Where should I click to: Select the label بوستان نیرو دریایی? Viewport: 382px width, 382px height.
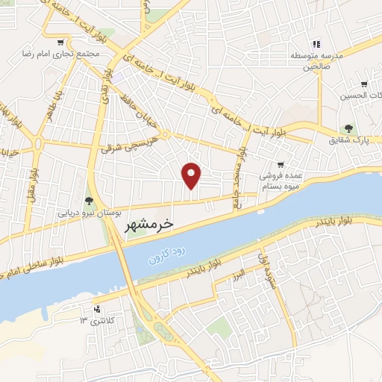click(x=90, y=213)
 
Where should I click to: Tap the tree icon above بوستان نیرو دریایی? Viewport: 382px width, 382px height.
click(x=90, y=200)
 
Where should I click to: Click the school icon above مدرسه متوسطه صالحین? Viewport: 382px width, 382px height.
click(x=316, y=45)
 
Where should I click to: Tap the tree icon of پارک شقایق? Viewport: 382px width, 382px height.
click(x=347, y=129)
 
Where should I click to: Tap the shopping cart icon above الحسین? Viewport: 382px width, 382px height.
click(x=363, y=84)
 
